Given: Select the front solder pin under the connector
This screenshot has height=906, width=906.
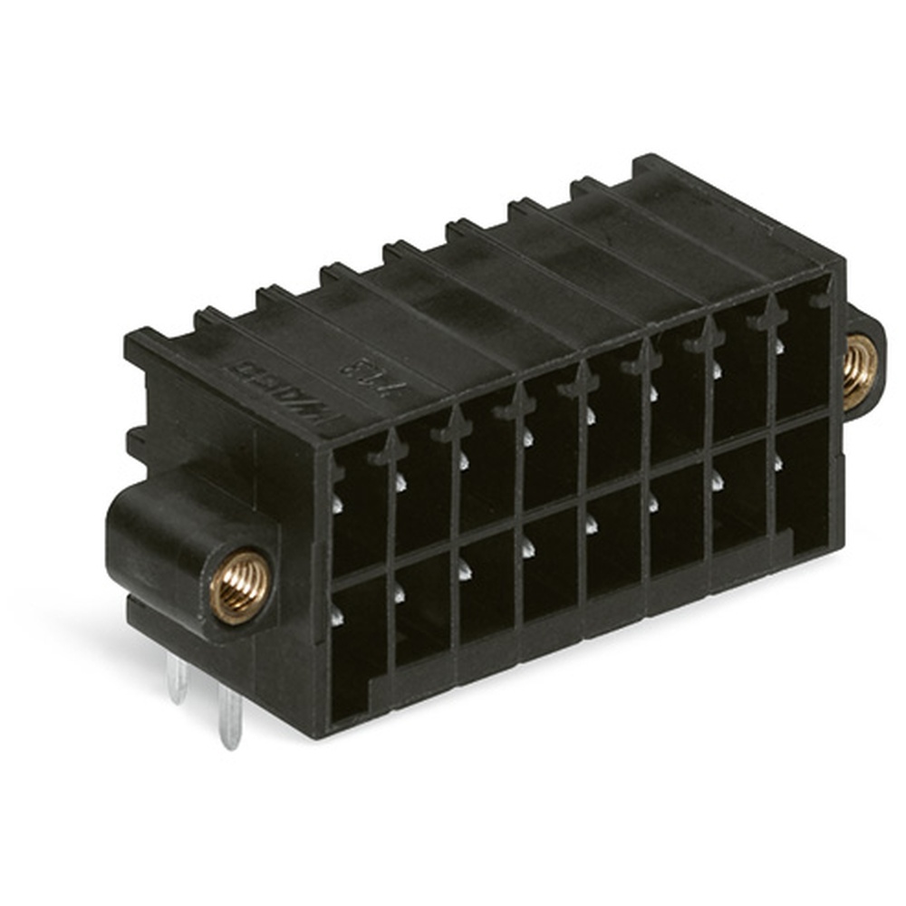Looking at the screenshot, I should [x=230, y=719].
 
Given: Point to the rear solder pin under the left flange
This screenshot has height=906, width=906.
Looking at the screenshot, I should [x=178, y=679].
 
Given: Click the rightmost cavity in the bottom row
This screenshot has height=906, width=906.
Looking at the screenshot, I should [x=805, y=489].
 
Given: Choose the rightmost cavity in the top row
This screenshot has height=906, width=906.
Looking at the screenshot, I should [x=803, y=358].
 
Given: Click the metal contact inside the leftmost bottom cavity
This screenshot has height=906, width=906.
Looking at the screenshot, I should [x=336, y=617].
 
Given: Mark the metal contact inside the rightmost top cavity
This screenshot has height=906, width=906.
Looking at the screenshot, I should [x=779, y=345].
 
